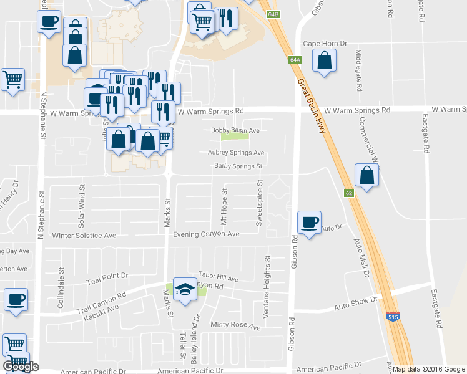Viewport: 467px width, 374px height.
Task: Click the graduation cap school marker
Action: (x=184, y=289)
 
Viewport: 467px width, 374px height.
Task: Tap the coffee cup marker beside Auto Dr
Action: (x=309, y=222)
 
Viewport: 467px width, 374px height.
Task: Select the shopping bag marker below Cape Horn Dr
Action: (x=324, y=61)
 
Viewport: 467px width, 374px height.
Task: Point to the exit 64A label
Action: (x=295, y=60)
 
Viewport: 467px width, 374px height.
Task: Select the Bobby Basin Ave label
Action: (x=235, y=130)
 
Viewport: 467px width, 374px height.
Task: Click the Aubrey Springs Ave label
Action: (x=236, y=153)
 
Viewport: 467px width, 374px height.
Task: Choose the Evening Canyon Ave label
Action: (x=207, y=234)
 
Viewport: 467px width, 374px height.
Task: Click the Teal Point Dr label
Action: (x=107, y=275)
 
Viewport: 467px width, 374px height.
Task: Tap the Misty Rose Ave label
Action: (x=235, y=325)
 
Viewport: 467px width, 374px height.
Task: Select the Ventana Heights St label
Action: (x=267, y=287)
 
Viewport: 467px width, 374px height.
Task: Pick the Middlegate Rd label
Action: (x=359, y=71)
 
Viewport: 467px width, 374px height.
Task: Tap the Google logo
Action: (x=21, y=367)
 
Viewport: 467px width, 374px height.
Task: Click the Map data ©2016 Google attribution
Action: (x=429, y=369)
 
